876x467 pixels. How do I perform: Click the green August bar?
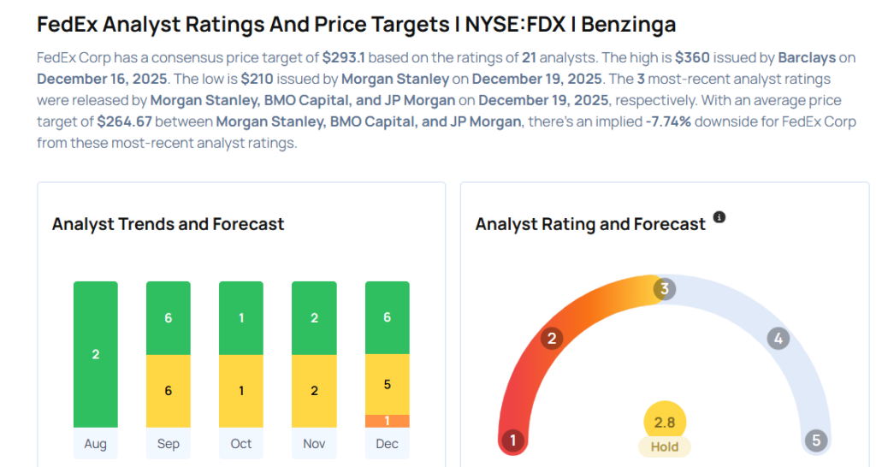point(95,354)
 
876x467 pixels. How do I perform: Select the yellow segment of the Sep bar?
point(168,391)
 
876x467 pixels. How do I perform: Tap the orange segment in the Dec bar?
point(387,421)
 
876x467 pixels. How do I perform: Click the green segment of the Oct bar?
point(241,318)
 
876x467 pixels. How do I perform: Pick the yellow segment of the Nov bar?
point(314,391)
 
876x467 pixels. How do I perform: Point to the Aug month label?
point(95,443)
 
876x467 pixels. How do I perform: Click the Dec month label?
point(387,443)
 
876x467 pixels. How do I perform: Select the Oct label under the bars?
point(241,443)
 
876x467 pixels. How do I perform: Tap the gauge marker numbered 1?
point(512,440)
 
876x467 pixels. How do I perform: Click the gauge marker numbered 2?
point(552,339)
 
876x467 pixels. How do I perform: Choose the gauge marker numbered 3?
point(664,289)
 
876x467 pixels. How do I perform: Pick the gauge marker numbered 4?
point(778,339)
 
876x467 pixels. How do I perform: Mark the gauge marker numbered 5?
point(816,440)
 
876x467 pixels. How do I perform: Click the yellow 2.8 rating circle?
point(665,423)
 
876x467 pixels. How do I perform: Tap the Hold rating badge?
point(665,446)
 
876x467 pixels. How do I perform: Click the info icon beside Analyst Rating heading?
point(719,217)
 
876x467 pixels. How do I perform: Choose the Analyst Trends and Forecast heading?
point(168,224)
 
